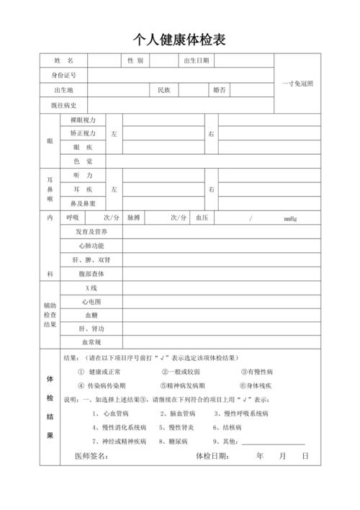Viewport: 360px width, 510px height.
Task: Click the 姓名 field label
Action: pyautogui.click(x=64, y=61)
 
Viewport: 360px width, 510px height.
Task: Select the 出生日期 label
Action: pyautogui.click(x=197, y=61)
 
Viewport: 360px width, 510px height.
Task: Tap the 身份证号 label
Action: pyautogui.click(x=64, y=75)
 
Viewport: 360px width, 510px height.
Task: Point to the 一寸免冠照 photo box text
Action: pyautogui.click(x=297, y=83)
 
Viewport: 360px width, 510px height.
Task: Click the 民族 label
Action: pyautogui.click(x=164, y=91)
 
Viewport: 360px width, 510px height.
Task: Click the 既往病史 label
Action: pyautogui.click(x=64, y=106)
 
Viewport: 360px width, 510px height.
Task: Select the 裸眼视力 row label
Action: pyautogui.click(x=83, y=120)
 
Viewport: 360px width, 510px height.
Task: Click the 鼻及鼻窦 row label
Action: pyautogui.click(x=83, y=202)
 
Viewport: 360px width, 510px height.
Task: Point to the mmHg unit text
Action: pyautogui.click(x=290, y=218)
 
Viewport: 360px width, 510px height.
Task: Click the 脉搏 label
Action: pyautogui.click(x=134, y=218)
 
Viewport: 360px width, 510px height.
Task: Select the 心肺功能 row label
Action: pyautogui.click(x=91, y=246)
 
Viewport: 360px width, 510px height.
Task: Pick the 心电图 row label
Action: pyautogui.click(x=91, y=301)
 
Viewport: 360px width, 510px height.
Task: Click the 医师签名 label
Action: pyautogui.click(x=91, y=457)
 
